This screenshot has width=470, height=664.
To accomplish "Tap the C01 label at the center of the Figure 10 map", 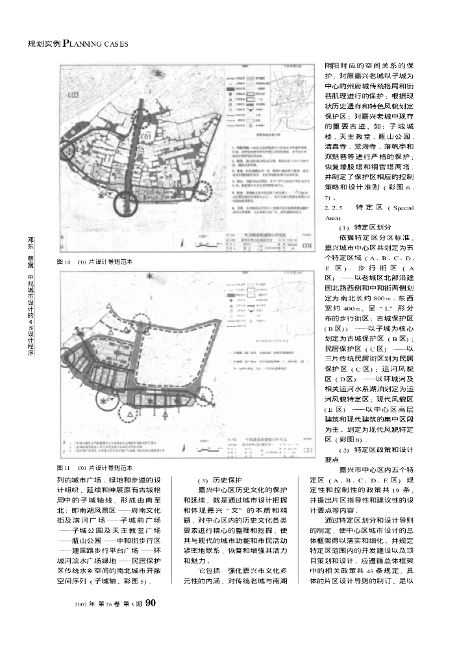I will (x=146, y=137).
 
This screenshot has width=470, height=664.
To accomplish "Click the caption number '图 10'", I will (x=64, y=261).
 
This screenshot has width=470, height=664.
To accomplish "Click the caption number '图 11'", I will (x=64, y=467).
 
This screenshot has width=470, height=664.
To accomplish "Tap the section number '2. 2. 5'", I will (x=333, y=207).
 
